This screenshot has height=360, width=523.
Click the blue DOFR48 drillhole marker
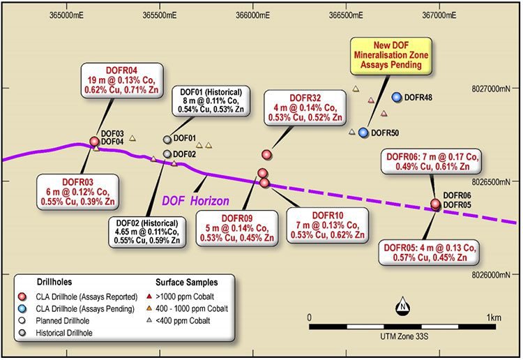397,97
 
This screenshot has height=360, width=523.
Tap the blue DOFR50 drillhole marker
363,133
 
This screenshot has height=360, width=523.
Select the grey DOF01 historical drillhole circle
167,140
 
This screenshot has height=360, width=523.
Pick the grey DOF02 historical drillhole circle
167,153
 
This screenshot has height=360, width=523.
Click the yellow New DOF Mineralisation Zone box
391,55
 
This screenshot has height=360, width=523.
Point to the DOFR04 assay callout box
122,80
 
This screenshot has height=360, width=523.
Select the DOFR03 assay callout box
77,192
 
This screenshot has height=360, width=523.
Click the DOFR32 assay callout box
305,107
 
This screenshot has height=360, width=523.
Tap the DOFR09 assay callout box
237,228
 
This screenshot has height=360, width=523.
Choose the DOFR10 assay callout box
328,225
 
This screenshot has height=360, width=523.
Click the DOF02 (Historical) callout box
146,232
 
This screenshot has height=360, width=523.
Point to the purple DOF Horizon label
195,201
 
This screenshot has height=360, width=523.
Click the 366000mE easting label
253,15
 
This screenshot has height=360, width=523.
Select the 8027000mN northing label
491,89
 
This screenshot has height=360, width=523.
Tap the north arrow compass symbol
402,306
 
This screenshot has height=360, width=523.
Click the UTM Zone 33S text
404,336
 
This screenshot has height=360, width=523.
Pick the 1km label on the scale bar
494,317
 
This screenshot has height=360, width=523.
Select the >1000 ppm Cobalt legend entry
180,297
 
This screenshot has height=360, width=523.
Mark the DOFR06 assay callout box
431,161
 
